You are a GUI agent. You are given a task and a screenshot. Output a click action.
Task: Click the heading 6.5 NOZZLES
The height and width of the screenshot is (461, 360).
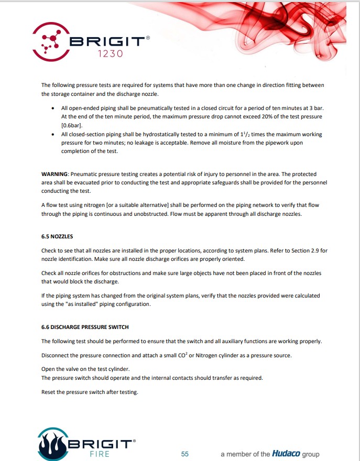(x=57, y=236)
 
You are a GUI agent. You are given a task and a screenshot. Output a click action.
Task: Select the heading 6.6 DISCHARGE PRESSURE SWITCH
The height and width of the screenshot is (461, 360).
(x=85, y=327)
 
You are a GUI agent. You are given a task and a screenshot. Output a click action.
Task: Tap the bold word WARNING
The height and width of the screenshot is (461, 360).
(x=54, y=174)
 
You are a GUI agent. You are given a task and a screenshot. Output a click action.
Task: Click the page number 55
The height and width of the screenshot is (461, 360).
(x=184, y=454)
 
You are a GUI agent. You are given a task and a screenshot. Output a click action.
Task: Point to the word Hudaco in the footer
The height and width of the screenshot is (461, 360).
(x=286, y=454)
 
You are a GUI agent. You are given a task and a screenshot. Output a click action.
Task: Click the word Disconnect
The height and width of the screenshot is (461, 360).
(x=56, y=355)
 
